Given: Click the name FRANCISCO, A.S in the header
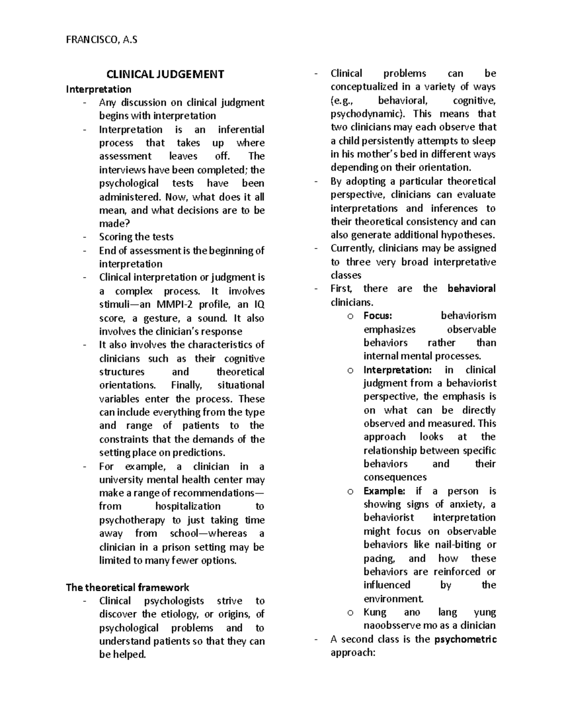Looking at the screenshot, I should [101, 40].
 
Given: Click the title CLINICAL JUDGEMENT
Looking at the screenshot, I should [165, 74].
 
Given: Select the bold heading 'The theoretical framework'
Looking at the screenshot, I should [127, 587].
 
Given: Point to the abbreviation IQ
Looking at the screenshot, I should [259, 305].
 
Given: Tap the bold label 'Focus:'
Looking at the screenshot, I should [377, 316].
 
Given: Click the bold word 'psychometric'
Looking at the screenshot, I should [466, 639].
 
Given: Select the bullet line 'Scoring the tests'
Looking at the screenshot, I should [136, 237].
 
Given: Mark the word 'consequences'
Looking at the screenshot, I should [395, 477].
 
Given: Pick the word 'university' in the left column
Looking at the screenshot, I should [121, 480].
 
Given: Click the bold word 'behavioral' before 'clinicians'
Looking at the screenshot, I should [471, 289].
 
